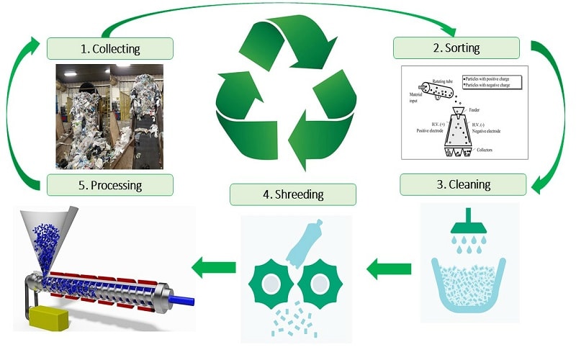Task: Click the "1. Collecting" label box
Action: pos(110,49)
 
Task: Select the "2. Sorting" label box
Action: pos(456,48)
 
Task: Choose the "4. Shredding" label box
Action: pos(293,194)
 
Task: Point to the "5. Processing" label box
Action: pos(110,184)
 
